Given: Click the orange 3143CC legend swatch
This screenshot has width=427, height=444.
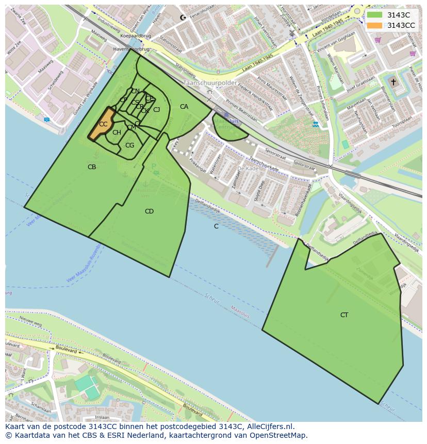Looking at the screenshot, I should point(375,25).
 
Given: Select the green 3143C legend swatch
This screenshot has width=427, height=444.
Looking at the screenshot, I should point(375,15).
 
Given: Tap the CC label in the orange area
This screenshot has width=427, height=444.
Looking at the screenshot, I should point(103,124).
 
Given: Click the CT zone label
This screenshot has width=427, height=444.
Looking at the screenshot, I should point(344,315).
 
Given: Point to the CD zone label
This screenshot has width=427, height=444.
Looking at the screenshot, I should point(149,211).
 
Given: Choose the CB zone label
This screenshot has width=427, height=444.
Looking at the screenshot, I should point(92,167).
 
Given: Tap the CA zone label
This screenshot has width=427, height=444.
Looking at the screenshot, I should point(184,107).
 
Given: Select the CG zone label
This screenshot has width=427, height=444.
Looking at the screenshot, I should point(129,145).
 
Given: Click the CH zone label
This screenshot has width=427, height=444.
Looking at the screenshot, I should point(117,133).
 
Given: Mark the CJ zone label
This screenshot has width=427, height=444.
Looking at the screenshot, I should point(156,109).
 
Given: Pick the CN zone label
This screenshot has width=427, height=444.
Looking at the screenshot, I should point(135,91).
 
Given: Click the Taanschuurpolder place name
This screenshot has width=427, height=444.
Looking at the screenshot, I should point(210,83).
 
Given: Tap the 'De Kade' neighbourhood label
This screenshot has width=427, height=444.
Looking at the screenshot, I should point(248,169).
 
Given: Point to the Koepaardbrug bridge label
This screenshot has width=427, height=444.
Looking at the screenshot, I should point(135,36).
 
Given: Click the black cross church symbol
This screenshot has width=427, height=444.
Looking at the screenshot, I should point(393,82).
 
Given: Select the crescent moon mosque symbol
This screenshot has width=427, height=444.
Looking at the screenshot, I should point(182,18).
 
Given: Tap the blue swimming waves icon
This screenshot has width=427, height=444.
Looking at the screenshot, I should point(315,124).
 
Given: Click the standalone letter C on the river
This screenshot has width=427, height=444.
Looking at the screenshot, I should point(216,226).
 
